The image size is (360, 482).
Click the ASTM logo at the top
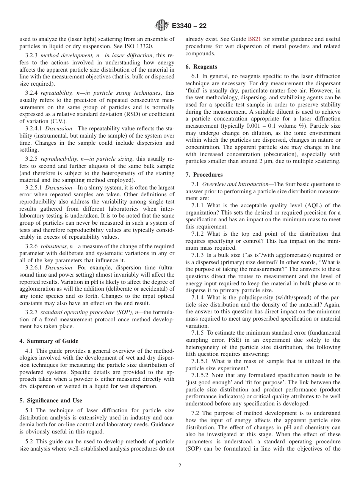coord(162,26)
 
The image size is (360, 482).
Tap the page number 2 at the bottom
coord(180,466)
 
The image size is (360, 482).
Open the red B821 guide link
coord(255,39)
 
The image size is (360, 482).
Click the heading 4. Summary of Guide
coord(49,341)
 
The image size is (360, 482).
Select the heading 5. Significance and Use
coord(51,400)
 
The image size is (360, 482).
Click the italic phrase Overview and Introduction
coord(237,184)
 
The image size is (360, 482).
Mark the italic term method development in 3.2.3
coord(66,56)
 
